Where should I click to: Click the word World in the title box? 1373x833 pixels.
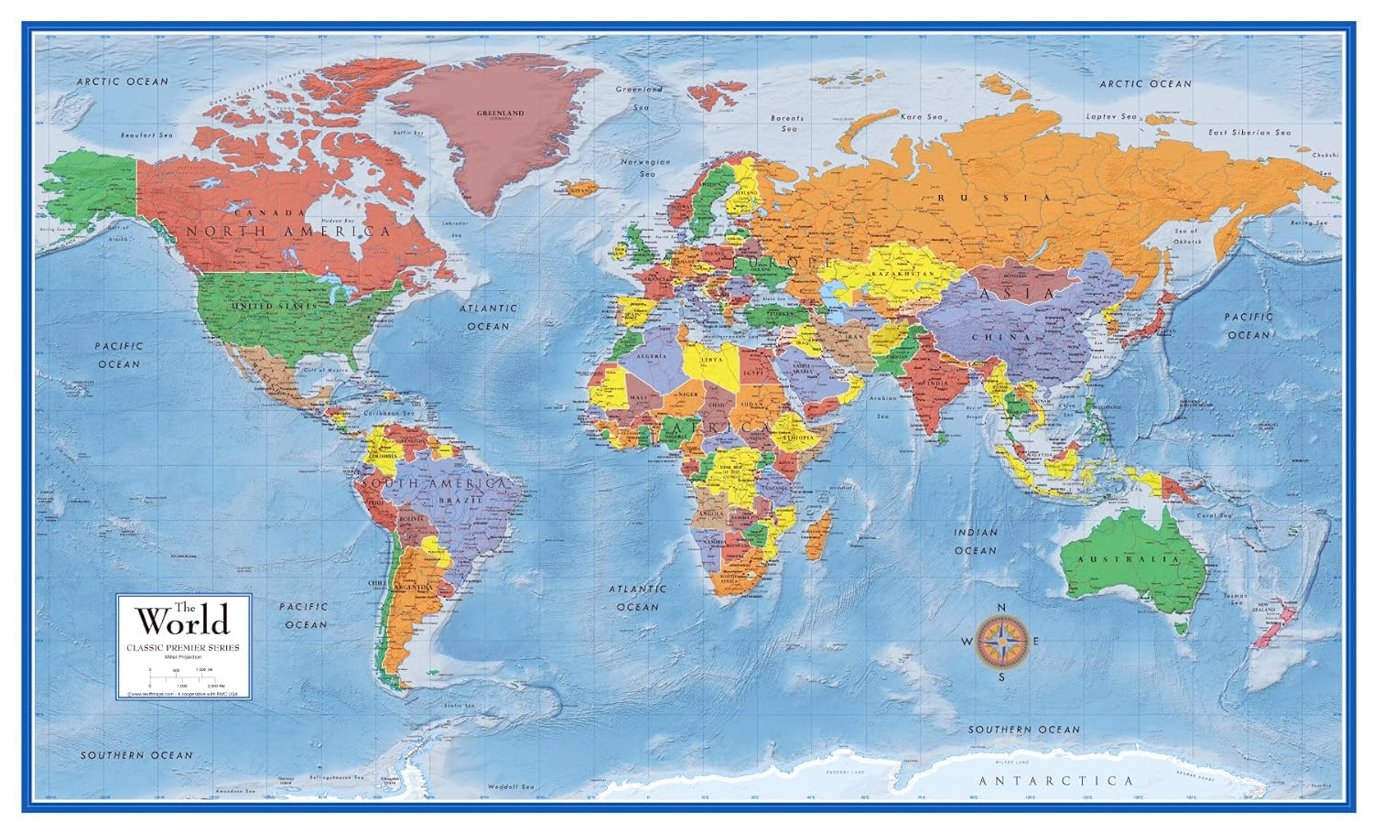(183, 622)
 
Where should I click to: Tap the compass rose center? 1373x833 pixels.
(1001, 642)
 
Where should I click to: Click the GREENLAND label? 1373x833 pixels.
(500, 114)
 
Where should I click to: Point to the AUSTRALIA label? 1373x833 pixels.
(1128, 558)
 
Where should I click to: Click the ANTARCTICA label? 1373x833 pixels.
(1055, 781)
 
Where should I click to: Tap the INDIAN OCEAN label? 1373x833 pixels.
(975, 541)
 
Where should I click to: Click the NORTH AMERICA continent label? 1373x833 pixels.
(288, 232)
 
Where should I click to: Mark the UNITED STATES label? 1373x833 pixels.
(274, 305)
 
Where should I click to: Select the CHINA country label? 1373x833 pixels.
(1007, 337)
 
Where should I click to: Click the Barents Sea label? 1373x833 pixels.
(788, 124)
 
